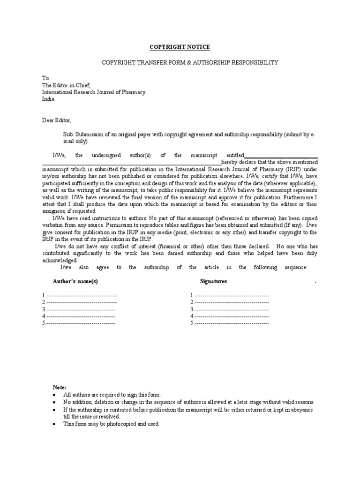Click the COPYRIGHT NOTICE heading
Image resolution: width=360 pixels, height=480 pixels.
tap(180, 47)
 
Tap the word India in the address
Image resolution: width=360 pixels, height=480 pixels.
tap(48, 99)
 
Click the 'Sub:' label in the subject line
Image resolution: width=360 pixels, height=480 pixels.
tap(69, 134)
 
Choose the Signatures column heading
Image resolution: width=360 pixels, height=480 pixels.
tap(213, 281)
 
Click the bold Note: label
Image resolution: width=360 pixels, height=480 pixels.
tap(60, 387)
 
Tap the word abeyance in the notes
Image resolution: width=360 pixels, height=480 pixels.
tap(301, 410)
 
